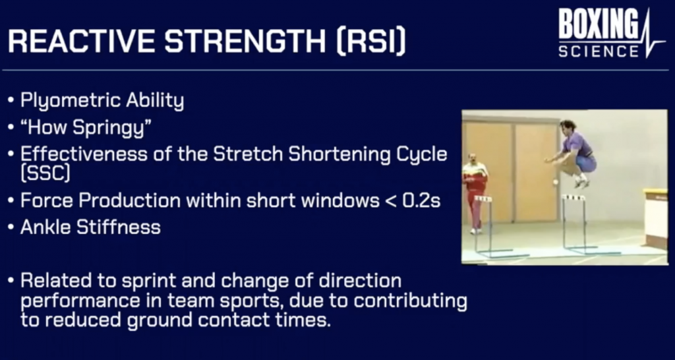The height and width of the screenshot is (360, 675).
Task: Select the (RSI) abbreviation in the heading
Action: pyautogui.click(x=371, y=42)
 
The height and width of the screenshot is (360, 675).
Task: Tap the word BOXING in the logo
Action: pyautogui.click(x=598, y=24)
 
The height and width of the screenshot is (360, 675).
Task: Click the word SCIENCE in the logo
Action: pyautogui.click(x=599, y=51)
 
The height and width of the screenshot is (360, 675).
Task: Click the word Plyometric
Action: pyautogui.click(x=71, y=101)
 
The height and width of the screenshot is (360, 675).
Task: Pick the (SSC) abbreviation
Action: pyautogui.click(x=45, y=174)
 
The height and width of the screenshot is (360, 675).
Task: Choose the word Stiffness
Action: pyautogui.click(x=119, y=227)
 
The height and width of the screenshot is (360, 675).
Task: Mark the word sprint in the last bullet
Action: pyautogui.click(x=149, y=282)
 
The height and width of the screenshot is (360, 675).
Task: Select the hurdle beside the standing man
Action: pyautogui.click(x=490, y=225)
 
